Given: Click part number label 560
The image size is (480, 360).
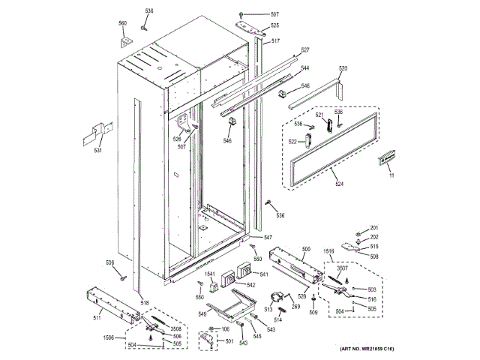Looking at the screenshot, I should click(x=122, y=23).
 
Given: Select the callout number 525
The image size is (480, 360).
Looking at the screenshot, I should click(x=274, y=26).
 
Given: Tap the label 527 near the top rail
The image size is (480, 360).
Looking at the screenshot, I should click(x=305, y=50).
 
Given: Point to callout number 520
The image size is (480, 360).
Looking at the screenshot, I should click(x=343, y=69).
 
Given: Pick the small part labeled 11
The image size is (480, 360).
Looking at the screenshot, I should click(x=391, y=175).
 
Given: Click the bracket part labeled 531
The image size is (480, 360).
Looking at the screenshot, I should click(x=97, y=150).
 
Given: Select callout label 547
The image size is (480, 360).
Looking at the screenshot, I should click(x=268, y=238).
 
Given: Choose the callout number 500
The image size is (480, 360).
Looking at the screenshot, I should click(x=306, y=249).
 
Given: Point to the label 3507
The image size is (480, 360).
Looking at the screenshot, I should click(x=341, y=268).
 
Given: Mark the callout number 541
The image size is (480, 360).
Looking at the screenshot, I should click(x=263, y=274).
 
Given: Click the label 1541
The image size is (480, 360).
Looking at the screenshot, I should click(x=211, y=274).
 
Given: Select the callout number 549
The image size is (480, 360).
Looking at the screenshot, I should click(x=202, y=313).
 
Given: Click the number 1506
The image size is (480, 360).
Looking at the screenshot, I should click(x=108, y=338).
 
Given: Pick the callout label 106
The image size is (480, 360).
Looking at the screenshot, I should click(x=224, y=329).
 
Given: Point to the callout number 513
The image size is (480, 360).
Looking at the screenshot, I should click(x=268, y=308).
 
